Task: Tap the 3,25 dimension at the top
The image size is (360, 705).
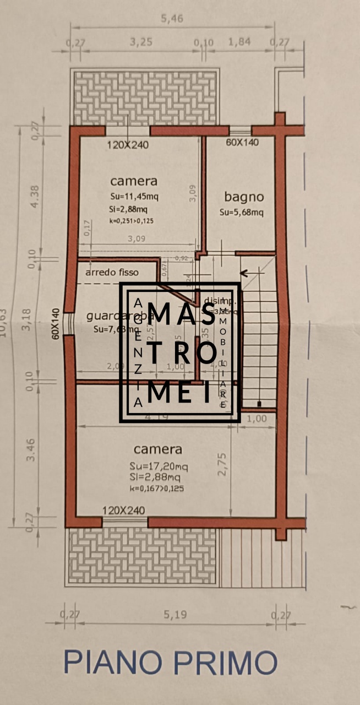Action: (141, 42)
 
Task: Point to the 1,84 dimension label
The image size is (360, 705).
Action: (240, 42)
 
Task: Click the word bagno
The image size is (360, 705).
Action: (244, 197)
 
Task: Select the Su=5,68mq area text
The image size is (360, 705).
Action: (242, 212)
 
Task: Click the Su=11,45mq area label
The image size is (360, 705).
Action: (134, 196)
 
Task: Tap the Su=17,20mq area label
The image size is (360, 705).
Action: (159, 467)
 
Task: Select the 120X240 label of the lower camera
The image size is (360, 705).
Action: (123, 511)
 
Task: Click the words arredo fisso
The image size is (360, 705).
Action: (112, 272)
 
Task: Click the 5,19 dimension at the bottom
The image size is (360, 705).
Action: (175, 615)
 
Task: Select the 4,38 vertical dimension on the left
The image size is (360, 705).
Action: (34, 196)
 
